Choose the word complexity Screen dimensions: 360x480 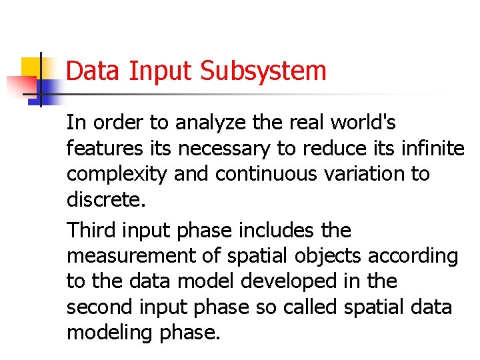click(x=117, y=174)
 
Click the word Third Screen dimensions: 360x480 click(x=90, y=231)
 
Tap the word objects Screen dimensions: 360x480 click(x=328, y=256)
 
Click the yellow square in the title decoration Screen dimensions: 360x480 click(x=32, y=67)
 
